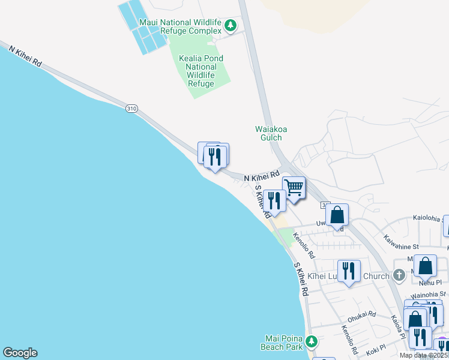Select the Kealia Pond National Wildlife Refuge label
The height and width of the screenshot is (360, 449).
(x=201, y=71)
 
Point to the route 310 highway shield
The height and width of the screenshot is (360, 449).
(x=132, y=109)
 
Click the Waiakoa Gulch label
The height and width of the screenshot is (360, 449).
(x=268, y=133)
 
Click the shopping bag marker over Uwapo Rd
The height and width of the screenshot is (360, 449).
(x=337, y=214)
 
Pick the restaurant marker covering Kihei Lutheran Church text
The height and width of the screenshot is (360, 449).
(x=349, y=271)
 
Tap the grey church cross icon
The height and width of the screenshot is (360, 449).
(x=399, y=276)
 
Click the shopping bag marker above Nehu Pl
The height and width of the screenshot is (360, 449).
(x=425, y=265)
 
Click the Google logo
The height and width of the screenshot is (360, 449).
(x=20, y=353)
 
